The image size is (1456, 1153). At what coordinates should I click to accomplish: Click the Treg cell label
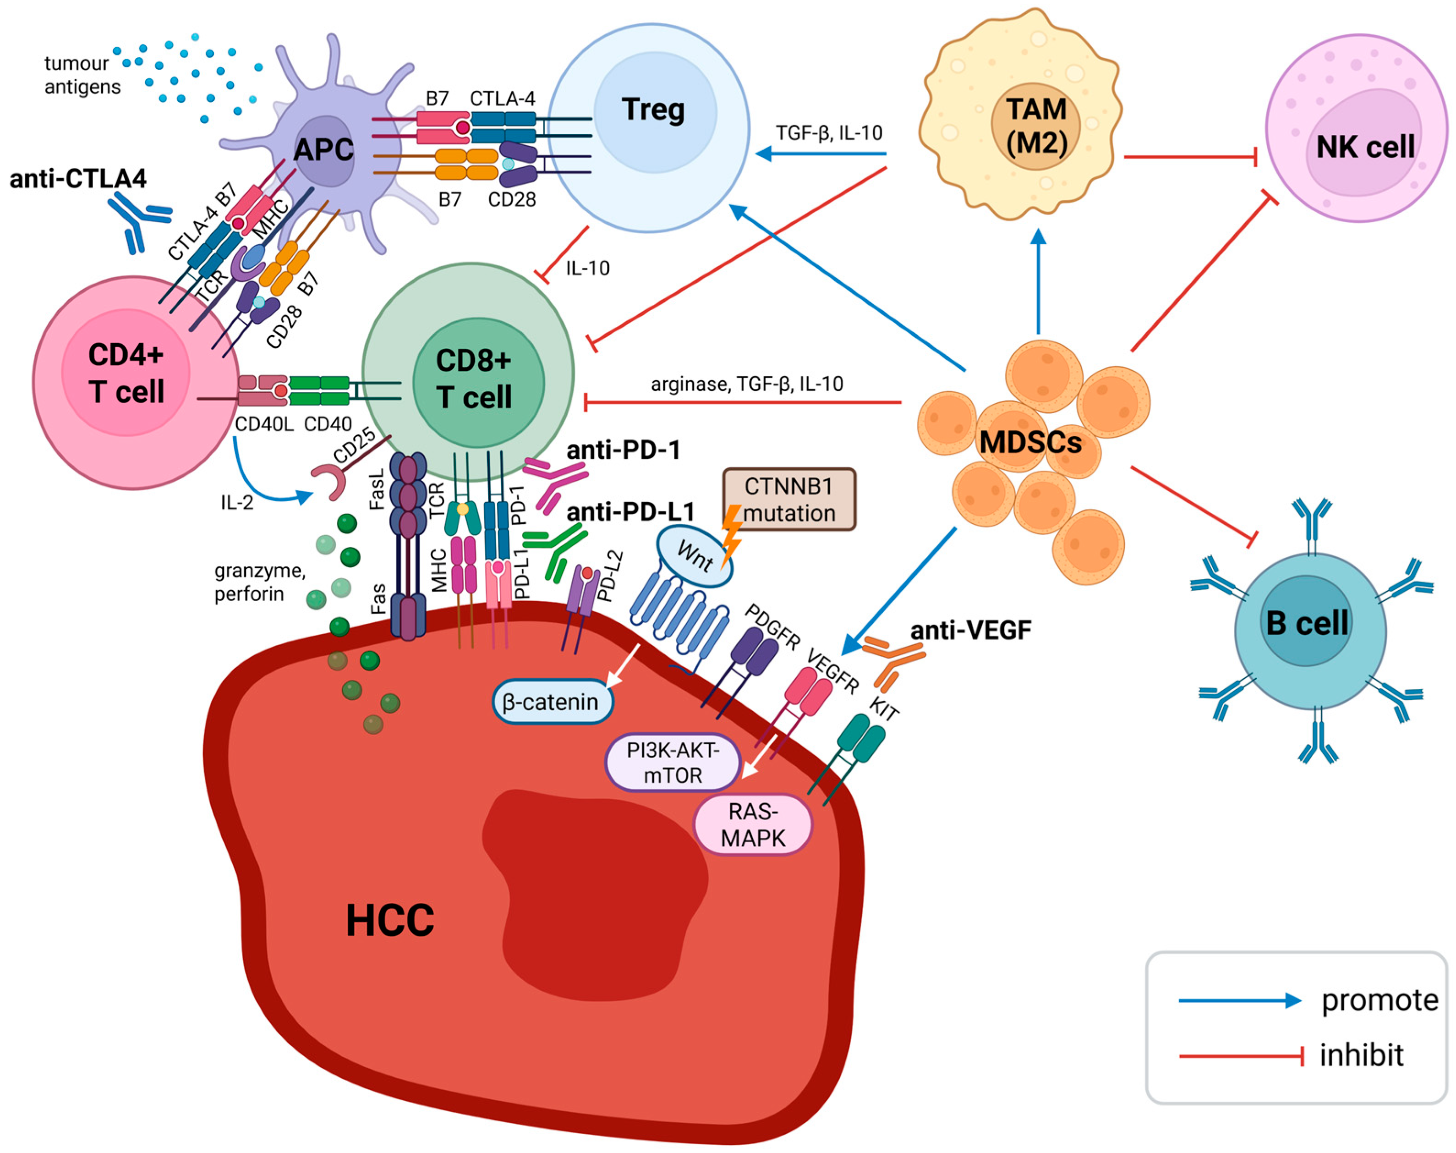point(652,110)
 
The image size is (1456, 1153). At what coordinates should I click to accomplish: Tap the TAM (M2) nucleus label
point(1036,126)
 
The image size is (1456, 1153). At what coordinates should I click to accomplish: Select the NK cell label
point(1365,147)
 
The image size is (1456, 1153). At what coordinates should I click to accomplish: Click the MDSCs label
point(1030,443)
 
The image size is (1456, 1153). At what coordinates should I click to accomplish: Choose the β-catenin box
point(551,702)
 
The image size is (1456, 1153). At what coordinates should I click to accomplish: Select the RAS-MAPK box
point(753,825)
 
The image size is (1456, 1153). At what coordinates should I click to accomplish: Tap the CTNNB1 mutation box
point(789,500)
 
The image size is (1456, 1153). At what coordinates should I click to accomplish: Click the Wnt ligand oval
point(695,555)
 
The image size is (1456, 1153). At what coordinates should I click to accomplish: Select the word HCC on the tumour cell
point(389,921)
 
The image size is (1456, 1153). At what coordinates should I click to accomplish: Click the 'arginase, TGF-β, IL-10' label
point(746,384)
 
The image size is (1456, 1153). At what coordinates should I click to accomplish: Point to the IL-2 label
point(237,503)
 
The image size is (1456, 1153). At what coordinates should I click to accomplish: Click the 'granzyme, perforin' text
point(259,582)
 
